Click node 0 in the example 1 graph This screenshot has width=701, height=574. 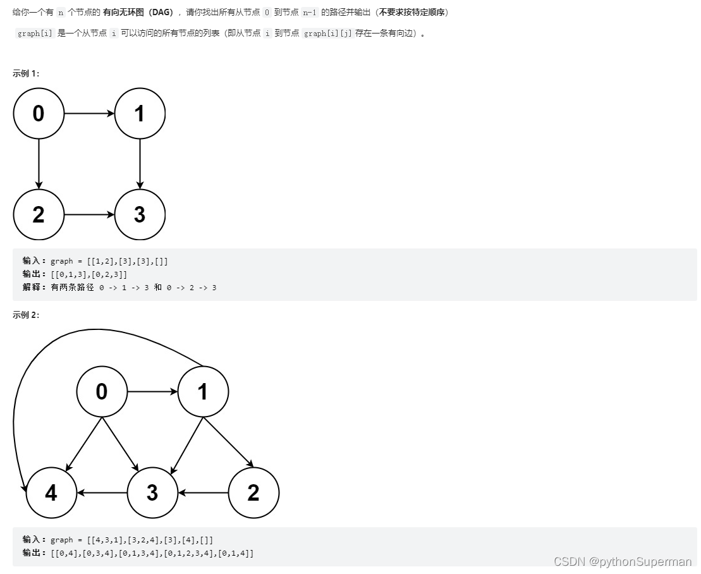click(39, 114)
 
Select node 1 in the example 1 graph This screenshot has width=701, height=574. click(140, 114)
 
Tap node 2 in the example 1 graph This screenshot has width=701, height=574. click(39, 215)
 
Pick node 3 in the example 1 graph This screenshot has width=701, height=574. click(140, 215)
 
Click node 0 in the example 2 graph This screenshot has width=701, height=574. click(102, 392)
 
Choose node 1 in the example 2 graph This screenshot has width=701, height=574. click(203, 392)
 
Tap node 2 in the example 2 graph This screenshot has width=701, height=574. click(253, 493)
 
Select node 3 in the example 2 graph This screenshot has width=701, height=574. click(152, 493)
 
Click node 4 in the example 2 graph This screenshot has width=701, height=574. click(51, 493)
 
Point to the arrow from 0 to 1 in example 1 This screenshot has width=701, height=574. click(89, 114)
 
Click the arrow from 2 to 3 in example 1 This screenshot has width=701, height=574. click(89, 215)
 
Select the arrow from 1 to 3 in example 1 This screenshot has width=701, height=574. click(140, 164)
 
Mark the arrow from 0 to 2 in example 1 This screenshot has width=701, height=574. click(39, 164)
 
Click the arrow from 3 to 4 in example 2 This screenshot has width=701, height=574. click(102, 493)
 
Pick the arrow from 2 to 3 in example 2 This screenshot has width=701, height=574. click(203, 493)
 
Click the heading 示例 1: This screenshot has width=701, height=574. click(26, 73)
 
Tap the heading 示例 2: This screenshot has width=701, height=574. click(26, 315)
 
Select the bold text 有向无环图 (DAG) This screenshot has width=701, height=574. click(138, 13)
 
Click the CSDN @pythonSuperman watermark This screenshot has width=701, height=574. click(622, 561)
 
